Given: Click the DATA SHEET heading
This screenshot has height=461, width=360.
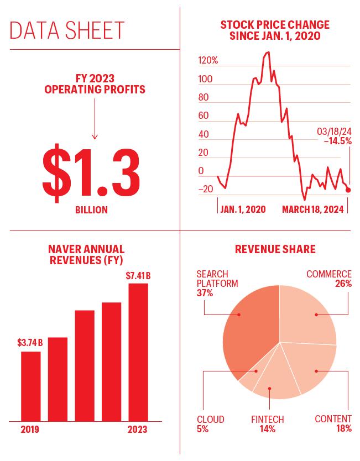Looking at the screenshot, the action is coord(67,30).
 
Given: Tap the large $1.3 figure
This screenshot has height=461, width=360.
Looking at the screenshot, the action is coord(91,173).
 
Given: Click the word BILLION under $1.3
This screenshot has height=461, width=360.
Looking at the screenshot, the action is coord(91,210).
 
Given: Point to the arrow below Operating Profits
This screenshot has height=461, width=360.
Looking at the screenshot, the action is coord(95,119).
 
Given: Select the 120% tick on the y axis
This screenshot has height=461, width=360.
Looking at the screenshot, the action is coord(208,61).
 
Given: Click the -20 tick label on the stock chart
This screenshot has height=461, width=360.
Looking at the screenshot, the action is coord(206,189).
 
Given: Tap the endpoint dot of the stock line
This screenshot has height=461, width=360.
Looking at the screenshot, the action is coord(348,190).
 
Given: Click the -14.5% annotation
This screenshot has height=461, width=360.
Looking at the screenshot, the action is coord(338,141).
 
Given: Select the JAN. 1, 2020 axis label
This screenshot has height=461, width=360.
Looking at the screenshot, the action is coord(243,209).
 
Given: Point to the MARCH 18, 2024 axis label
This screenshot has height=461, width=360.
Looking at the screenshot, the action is coord(313,209).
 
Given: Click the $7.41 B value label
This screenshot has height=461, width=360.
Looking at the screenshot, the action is coord(138,276).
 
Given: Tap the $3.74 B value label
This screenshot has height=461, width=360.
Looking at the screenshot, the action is coord(30,343).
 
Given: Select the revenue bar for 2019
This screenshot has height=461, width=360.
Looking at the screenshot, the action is coord(31,386).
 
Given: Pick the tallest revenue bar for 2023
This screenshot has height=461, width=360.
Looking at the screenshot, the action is coord(138,352).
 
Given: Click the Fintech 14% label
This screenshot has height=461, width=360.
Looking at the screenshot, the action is coord(268,424).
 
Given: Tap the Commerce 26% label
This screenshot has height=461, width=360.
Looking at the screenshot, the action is coord(329,279).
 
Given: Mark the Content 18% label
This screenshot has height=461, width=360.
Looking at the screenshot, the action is coord(333,423).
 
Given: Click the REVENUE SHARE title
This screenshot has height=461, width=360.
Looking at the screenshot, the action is coord(275,249).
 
